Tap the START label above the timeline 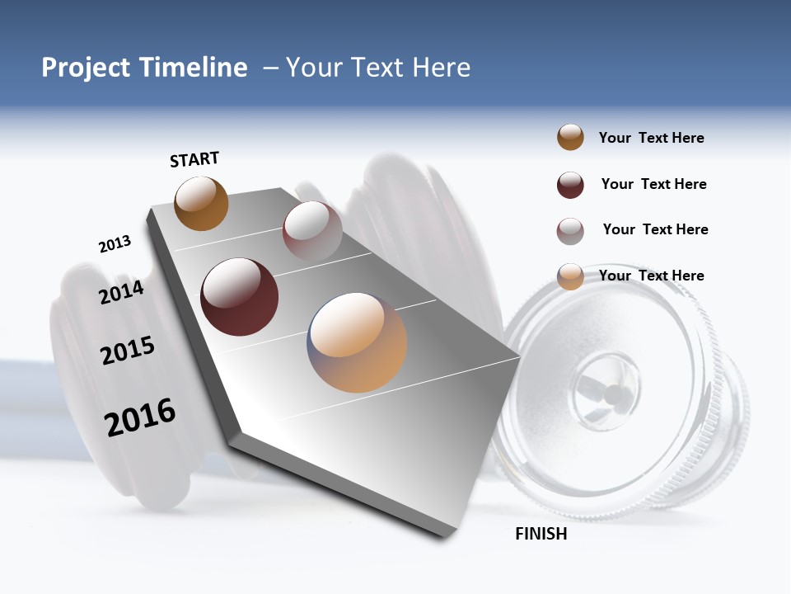pyautogui.click(x=194, y=159)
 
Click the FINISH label pyautogui.click(x=541, y=534)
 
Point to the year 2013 pyautogui.click(x=115, y=244)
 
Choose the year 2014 pyautogui.click(x=121, y=292)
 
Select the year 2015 pyautogui.click(x=128, y=351)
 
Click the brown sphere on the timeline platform pyautogui.click(x=201, y=203)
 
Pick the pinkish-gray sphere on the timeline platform pyautogui.click(x=312, y=230)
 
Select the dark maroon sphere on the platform pyautogui.click(x=240, y=297)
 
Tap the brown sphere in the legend pyautogui.click(x=570, y=138)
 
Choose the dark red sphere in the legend pyautogui.click(x=570, y=185)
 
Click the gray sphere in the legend pyautogui.click(x=570, y=231)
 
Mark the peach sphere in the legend pyautogui.click(x=570, y=276)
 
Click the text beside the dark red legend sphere pyautogui.click(x=653, y=184)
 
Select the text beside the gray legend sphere pyautogui.click(x=655, y=229)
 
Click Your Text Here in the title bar pyautogui.click(x=377, y=68)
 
